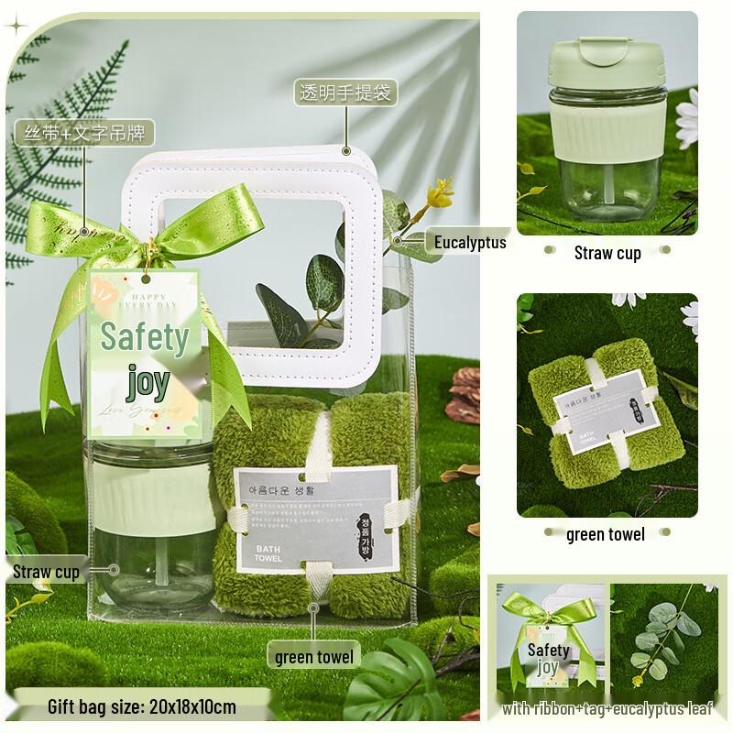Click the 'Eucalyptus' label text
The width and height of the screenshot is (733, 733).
click(470, 242)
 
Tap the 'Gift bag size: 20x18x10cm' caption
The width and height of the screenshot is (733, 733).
click(142, 706)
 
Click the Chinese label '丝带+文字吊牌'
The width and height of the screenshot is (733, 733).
click(83, 131)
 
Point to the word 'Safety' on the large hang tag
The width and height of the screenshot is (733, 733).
click(145, 337)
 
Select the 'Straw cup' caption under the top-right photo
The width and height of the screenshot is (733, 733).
click(607, 253)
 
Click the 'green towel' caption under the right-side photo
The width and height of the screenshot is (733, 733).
click(606, 534)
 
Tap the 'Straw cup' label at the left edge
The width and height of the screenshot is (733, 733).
click(47, 573)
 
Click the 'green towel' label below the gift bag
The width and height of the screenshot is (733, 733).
click(314, 657)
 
